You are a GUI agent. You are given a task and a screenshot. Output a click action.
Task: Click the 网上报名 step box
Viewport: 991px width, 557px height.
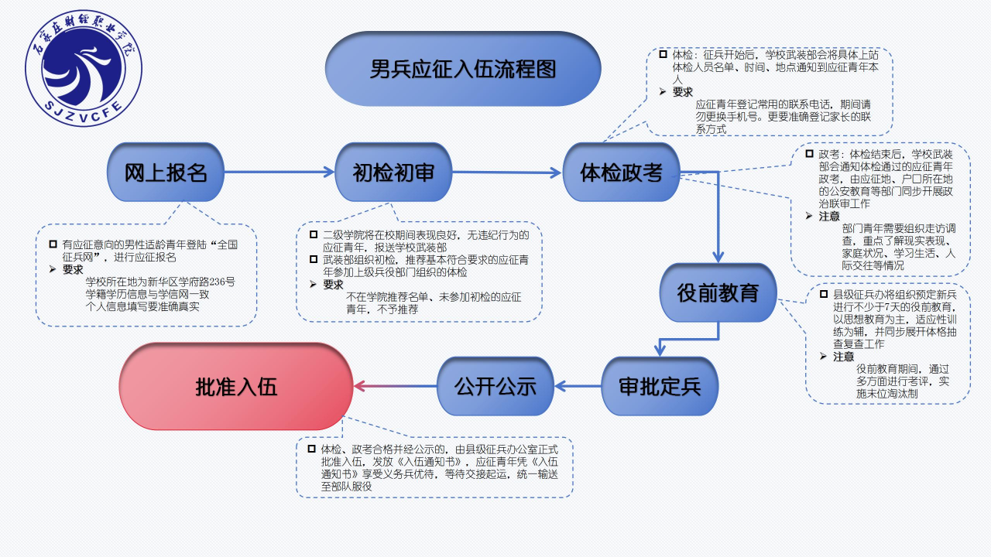[x=166, y=173]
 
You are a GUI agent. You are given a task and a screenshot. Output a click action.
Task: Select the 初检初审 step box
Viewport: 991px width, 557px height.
[x=393, y=173]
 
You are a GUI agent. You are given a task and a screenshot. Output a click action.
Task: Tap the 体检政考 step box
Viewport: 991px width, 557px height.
[x=621, y=173]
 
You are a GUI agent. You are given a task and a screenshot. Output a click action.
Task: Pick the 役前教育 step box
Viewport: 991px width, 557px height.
[x=718, y=293]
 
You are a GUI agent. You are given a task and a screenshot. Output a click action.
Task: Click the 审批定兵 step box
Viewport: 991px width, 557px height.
[x=660, y=386]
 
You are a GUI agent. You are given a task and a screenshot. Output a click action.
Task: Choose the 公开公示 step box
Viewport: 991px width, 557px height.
[x=495, y=386]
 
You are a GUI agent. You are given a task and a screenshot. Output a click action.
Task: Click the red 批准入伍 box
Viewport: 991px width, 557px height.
[x=236, y=386]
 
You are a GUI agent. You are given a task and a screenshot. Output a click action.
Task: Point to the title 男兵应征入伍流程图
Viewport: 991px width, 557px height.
[x=463, y=69]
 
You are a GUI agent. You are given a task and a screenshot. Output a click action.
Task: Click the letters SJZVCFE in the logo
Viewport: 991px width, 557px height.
[x=83, y=105]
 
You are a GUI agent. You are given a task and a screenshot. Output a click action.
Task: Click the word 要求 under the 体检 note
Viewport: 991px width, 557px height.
[x=682, y=91]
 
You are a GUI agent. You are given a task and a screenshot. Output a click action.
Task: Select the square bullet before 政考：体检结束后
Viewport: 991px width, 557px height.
[x=808, y=154]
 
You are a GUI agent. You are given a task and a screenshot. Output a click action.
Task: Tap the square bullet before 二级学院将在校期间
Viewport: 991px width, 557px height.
[x=313, y=234]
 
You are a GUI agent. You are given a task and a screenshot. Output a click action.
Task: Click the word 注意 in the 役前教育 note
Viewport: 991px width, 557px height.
[x=843, y=357]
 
